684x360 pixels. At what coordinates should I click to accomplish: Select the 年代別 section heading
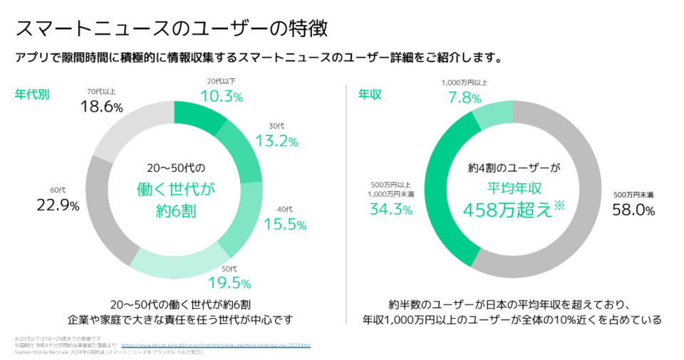pos(32,95)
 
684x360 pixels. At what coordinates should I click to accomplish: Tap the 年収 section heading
pos(369,95)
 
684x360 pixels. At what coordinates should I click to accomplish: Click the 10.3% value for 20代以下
pos(221,96)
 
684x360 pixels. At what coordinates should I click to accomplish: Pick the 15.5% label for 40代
pos(284,224)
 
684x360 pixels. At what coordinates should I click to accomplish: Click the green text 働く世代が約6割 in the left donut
pos(176,200)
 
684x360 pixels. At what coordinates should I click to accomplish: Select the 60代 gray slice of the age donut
pos(107,207)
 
